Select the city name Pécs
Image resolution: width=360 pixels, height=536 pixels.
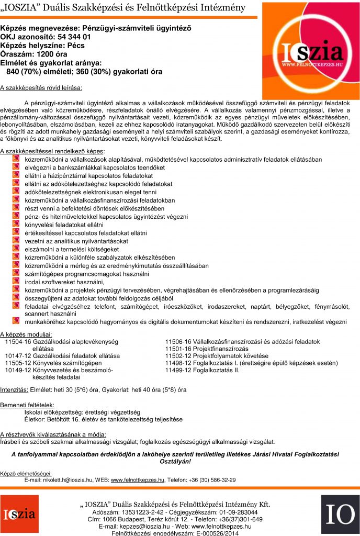73,46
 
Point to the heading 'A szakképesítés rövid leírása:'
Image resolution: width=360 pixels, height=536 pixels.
41,87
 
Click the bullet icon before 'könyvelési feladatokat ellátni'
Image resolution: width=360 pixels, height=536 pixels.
16,225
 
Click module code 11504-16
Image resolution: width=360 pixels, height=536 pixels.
18,341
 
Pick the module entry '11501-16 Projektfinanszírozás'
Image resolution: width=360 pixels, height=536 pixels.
207,349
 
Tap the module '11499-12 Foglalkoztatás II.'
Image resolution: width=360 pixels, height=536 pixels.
203,370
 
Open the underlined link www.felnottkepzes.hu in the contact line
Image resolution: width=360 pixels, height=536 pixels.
138,480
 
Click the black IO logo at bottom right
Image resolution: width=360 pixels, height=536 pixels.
341,516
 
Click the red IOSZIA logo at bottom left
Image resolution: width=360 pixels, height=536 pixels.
19,516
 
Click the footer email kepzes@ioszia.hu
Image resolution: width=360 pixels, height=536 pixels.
144,526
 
